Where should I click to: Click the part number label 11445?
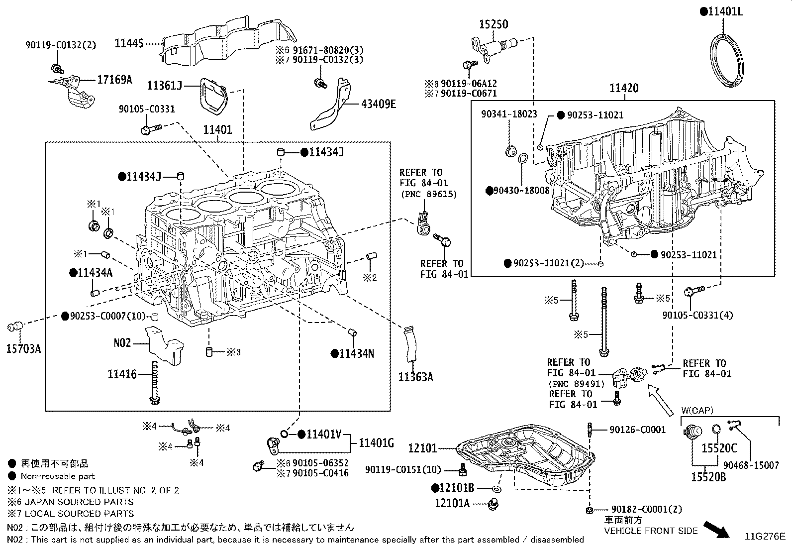point(129,43)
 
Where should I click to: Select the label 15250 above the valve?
point(494,24)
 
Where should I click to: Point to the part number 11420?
point(624,88)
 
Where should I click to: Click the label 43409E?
point(378,104)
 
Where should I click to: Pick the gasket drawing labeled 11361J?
point(214,97)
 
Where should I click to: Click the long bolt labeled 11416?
point(155,382)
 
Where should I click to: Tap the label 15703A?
point(24,349)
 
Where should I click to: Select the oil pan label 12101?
point(422,448)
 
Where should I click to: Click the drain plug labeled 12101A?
point(493,504)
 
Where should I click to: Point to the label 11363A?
point(416,377)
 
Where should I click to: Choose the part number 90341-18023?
point(509,114)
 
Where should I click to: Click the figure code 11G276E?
point(765,537)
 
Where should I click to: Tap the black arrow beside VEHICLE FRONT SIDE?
point(716,530)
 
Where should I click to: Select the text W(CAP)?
point(697,411)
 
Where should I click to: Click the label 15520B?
point(708,477)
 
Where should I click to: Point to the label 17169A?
point(114,80)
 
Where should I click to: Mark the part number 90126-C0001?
point(637,430)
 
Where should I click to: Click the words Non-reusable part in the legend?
point(58,476)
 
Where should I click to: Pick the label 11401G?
point(376,443)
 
